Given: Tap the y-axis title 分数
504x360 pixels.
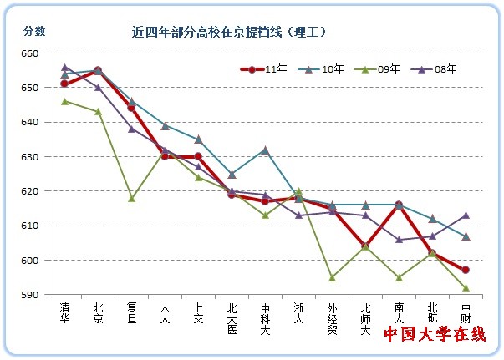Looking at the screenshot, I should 34,32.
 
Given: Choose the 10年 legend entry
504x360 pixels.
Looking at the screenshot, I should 322,69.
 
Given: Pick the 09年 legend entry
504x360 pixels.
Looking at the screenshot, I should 379,69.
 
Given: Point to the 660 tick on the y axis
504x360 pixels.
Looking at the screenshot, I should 30,53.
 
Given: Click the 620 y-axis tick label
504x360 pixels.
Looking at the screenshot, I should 30,191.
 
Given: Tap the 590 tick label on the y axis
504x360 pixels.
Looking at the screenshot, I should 30,295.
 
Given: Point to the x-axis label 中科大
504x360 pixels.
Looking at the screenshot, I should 265,317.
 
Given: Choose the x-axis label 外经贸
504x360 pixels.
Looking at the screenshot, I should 332,317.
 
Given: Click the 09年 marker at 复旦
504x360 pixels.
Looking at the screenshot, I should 131,198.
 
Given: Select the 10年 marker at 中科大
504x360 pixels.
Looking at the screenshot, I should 265,150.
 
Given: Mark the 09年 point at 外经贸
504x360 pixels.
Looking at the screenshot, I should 332,277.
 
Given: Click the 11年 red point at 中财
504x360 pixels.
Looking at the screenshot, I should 465,270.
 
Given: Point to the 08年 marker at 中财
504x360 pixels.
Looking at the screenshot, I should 465,215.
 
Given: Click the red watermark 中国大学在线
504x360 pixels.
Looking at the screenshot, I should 435,334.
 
